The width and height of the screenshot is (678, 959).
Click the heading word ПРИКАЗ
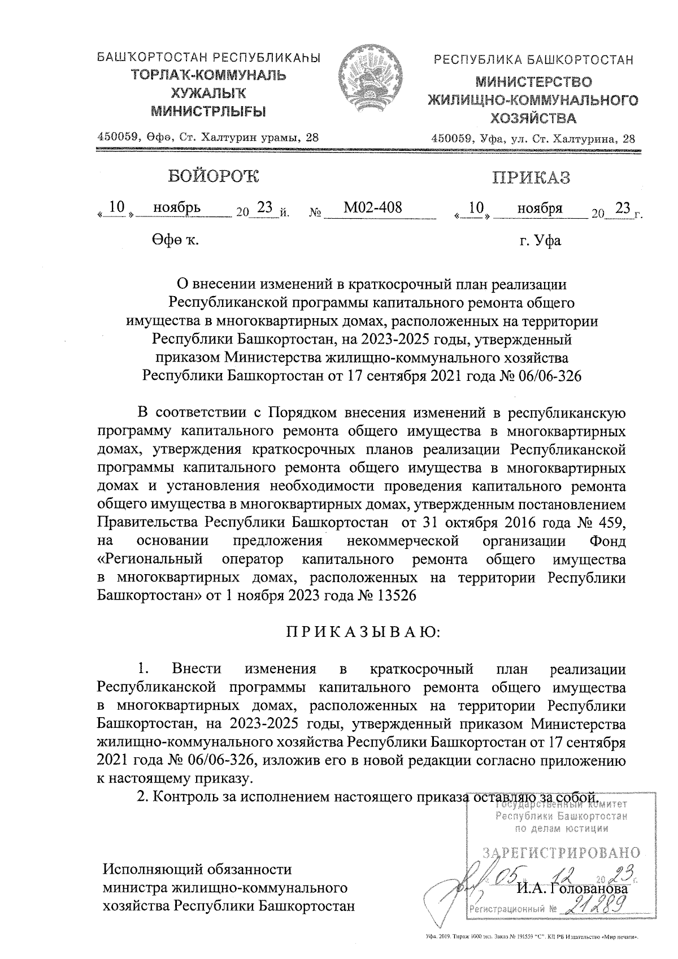(x=531, y=177)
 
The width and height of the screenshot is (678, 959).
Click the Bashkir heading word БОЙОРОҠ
(x=212, y=176)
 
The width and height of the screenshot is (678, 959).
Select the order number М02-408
(x=372, y=208)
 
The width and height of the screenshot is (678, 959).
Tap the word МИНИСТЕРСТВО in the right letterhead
(x=533, y=83)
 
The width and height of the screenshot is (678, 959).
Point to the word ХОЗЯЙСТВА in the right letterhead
(x=533, y=119)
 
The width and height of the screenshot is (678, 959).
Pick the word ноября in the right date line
(x=540, y=208)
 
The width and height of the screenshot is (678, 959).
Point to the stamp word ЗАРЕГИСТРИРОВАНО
(x=560, y=853)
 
